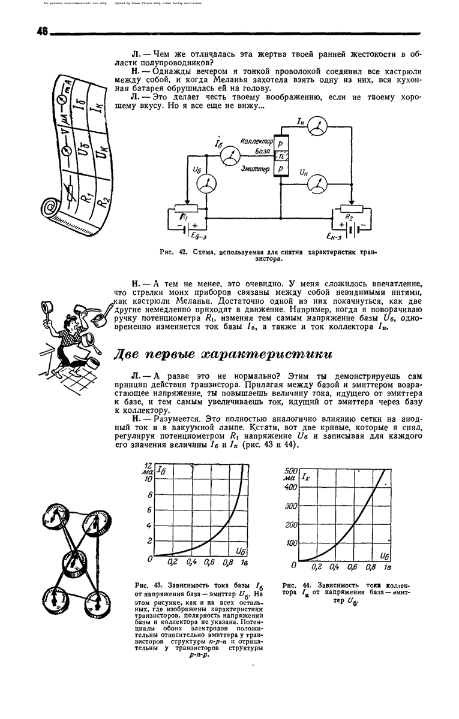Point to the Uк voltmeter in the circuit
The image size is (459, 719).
[x=314, y=186]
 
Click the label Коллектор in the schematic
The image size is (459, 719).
[x=256, y=141]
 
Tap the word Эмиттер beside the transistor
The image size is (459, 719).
[x=255, y=170]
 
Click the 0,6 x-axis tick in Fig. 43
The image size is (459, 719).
[x=209, y=563]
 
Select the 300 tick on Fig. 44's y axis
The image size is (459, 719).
[x=290, y=506]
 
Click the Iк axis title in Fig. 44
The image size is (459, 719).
[x=306, y=478]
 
